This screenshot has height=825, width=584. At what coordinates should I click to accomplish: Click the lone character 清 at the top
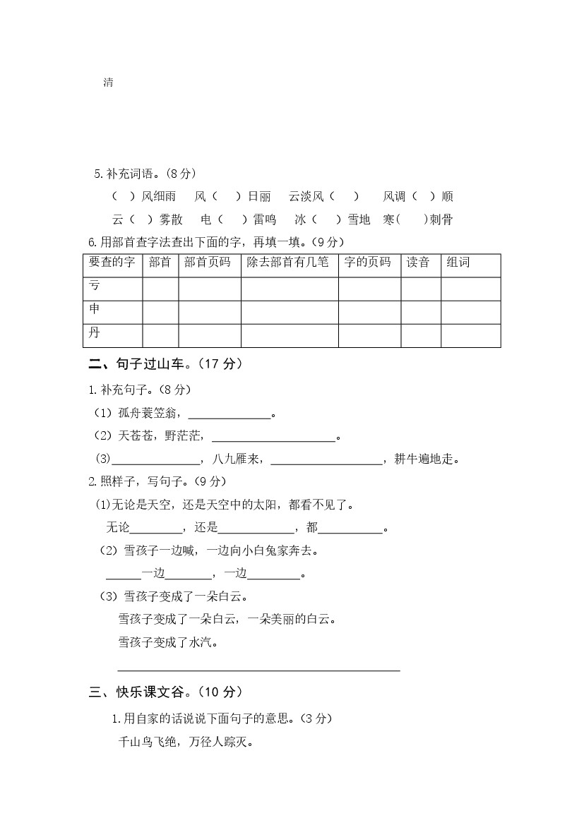109,83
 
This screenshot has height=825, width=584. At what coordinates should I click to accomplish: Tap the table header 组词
458,263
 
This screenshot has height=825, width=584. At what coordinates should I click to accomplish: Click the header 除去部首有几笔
287,263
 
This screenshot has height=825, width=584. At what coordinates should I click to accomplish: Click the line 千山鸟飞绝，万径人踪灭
186,742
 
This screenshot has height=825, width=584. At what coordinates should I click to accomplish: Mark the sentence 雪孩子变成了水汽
168,642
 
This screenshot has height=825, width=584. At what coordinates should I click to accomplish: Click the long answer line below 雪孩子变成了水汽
258,668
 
